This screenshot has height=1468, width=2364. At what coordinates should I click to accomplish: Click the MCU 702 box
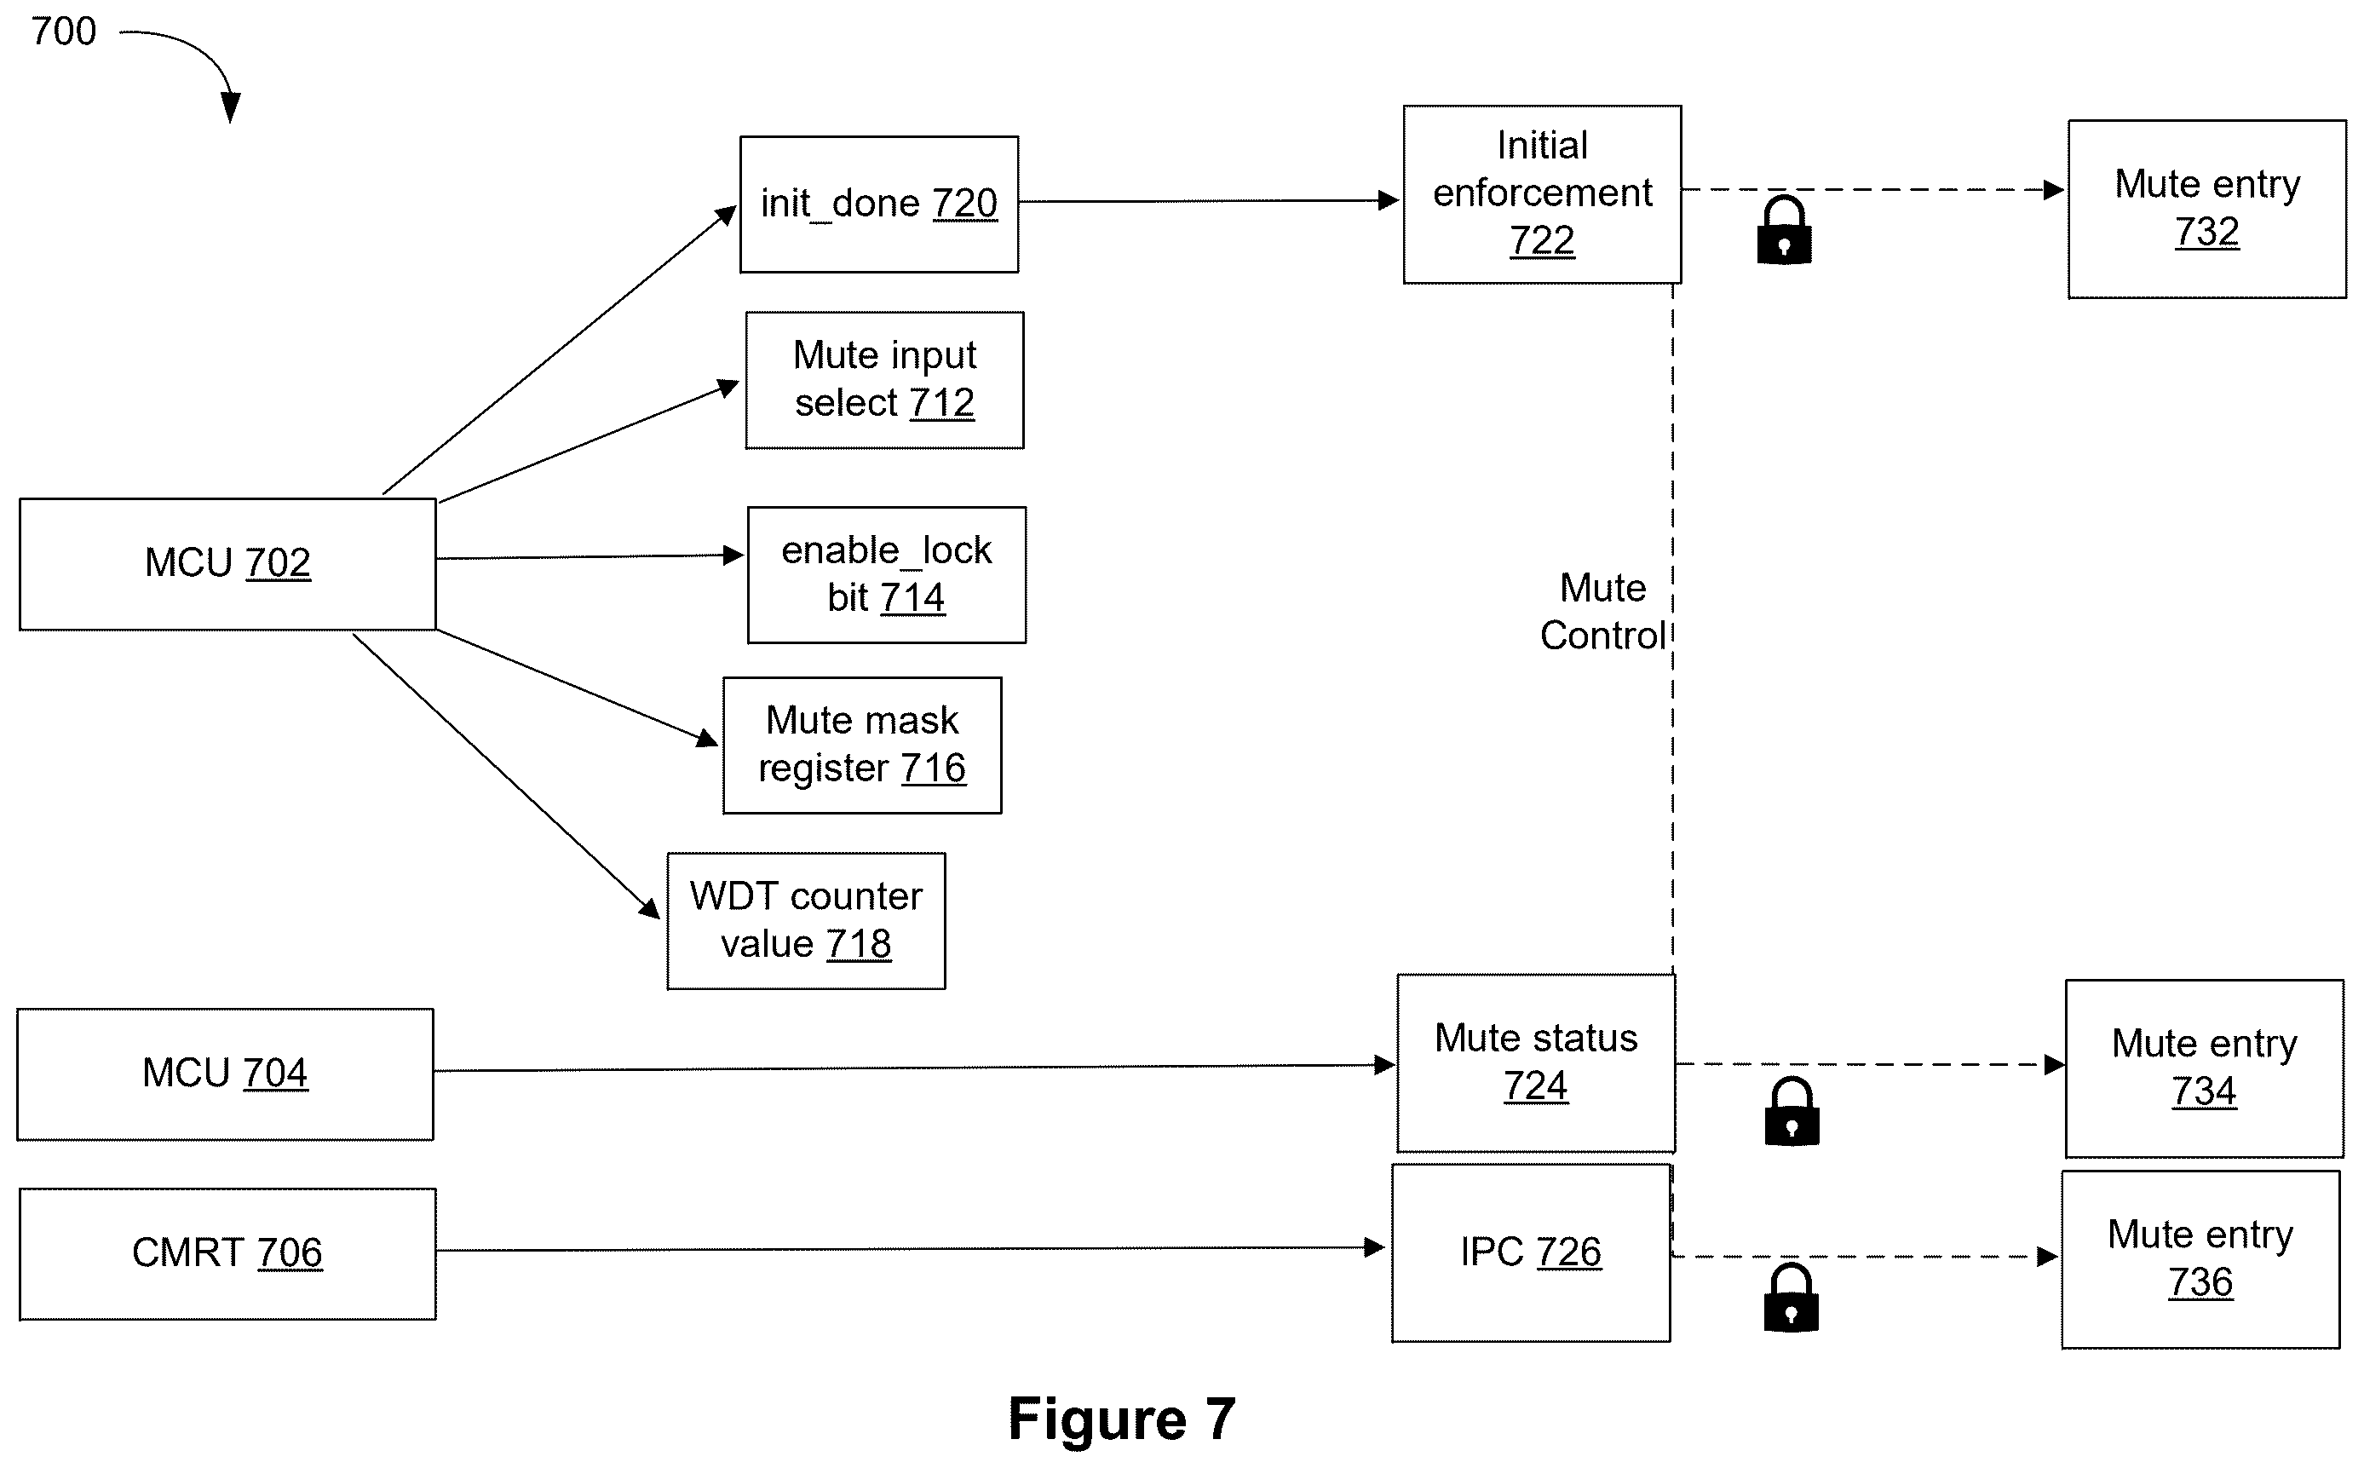click(x=227, y=564)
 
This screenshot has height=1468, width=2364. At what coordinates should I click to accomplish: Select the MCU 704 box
click(x=225, y=1074)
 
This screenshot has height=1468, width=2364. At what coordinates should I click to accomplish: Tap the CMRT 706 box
click(x=227, y=1253)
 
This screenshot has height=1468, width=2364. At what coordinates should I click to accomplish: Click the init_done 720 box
click(x=878, y=204)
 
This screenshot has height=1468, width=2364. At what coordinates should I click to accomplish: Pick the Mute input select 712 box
click(x=884, y=380)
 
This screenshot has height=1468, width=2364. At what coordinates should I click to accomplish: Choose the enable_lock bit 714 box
click(x=886, y=575)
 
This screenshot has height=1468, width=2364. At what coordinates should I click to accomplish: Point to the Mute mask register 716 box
click(x=862, y=746)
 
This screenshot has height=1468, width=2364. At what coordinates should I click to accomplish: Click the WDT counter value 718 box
click(x=806, y=921)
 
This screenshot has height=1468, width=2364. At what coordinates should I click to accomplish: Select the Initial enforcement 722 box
click(x=1542, y=194)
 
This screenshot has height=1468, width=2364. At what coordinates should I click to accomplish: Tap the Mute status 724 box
click(x=1536, y=1063)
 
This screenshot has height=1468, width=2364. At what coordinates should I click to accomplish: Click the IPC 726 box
click(x=1531, y=1253)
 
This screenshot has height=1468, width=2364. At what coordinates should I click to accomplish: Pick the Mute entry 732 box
click(x=2206, y=209)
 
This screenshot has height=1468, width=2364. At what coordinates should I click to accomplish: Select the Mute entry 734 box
click(x=2204, y=1069)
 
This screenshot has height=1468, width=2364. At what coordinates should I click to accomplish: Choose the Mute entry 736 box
click(x=2200, y=1260)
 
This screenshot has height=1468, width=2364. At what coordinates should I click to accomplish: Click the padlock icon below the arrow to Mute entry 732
click(x=1785, y=230)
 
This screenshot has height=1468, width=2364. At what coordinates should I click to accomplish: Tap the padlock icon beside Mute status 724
click(x=1792, y=1111)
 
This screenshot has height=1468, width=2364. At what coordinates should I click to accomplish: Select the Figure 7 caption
click(x=1121, y=1419)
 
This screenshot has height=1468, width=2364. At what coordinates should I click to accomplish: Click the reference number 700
click(x=64, y=31)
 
